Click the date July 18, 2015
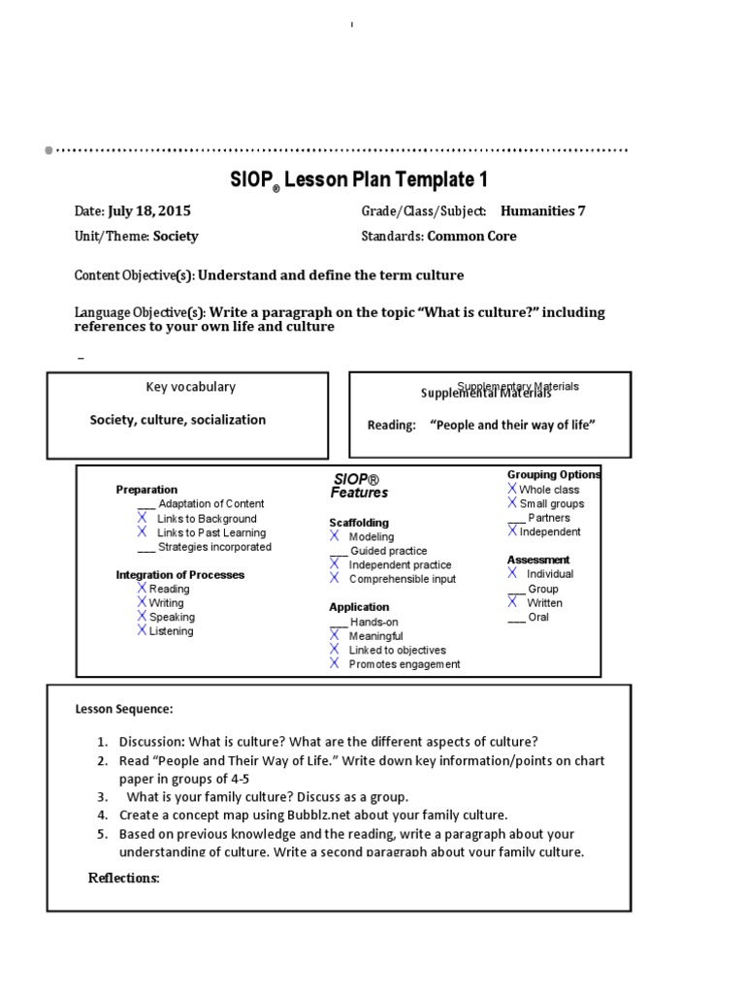(148, 211)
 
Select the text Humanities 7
(542, 211)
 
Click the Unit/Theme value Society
(176, 237)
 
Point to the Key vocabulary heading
(190, 387)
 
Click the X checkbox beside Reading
(142, 588)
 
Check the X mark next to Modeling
(335, 536)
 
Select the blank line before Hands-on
(338, 623)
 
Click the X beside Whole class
(512, 489)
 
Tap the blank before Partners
(516, 519)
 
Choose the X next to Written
(512, 602)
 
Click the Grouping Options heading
(554, 475)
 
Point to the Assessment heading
(538, 560)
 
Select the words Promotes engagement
(405, 664)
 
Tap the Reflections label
(123, 879)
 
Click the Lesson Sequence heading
(124, 710)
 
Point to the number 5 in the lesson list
(102, 834)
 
